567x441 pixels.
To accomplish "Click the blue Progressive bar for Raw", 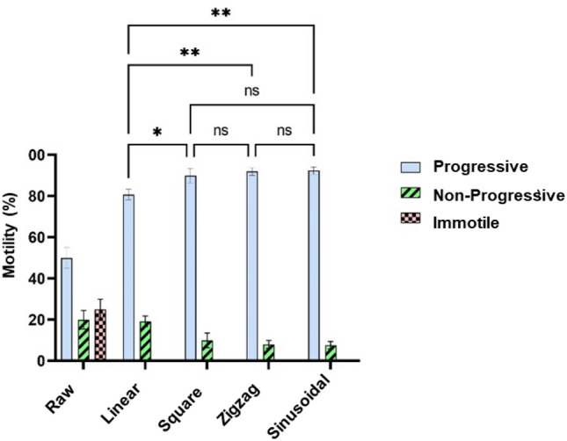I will [66, 308].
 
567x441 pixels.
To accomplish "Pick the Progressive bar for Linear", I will [128, 278].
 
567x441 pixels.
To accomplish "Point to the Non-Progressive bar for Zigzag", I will [268, 351].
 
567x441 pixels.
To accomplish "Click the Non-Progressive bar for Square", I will [207, 350].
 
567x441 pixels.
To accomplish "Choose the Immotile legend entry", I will [466, 223].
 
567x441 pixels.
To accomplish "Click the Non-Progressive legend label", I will [498, 196].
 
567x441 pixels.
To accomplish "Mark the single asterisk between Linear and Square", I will [156, 131].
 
